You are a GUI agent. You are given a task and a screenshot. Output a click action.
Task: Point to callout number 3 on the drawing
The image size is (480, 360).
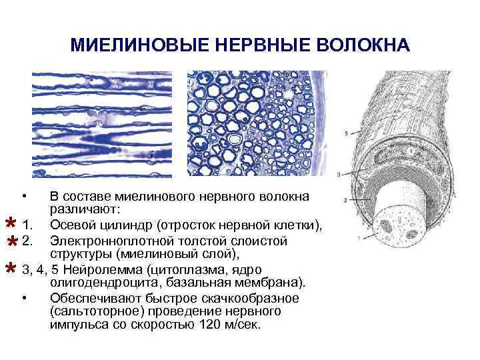coord(339,175)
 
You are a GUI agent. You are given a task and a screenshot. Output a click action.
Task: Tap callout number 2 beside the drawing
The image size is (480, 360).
coord(343,199)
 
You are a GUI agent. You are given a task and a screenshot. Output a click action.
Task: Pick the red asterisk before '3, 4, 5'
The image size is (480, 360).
coord(10,269)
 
